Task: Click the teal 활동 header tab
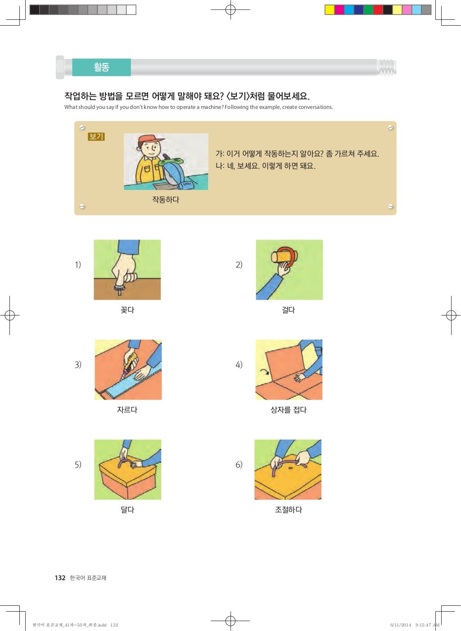(101, 67)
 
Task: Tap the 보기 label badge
(96, 136)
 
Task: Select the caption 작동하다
(166, 199)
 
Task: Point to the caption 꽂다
(127, 310)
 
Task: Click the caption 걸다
(289, 310)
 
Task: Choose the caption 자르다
(127, 410)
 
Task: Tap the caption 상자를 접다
(289, 410)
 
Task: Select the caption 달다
(127, 509)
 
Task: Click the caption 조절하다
(289, 509)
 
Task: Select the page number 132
(60, 578)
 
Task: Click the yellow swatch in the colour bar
(330, 10)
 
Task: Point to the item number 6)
(239, 464)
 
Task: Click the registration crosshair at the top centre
(230, 9)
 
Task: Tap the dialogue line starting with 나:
(266, 166)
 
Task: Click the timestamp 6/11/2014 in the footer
(400, 625)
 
